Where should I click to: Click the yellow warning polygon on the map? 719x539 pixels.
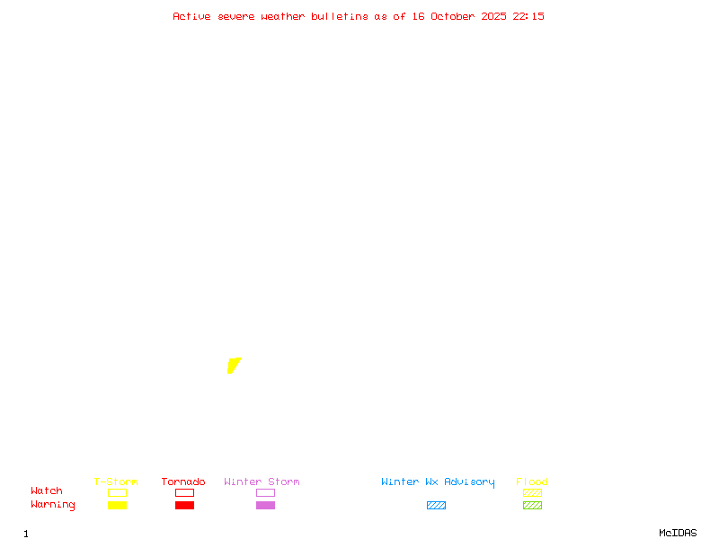tap(234, 365)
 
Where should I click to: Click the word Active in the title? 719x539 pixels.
tap(191, 16)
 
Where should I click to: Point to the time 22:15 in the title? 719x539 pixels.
tap(528, 16)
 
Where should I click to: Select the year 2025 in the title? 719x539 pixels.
tap(494, 16)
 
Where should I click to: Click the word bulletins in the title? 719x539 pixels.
tap(340, 16)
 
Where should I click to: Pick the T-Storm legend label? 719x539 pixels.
tap(116, 482)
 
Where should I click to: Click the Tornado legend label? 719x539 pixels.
tap(183, 482)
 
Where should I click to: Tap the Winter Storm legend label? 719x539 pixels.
tap(262, 482)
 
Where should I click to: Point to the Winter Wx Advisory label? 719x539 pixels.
tap(438, 482)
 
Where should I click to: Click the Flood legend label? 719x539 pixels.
tap(532, 482)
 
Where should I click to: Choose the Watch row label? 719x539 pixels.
tap(47, 491)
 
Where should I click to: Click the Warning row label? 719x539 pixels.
tap(53, 505)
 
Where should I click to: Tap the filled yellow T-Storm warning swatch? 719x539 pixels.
tap(117, 506)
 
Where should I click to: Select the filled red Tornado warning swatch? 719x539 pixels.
tap(184, 506)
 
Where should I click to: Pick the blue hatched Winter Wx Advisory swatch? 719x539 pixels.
tap(436, 506)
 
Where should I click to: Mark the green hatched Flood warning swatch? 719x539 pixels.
tap(532, 506)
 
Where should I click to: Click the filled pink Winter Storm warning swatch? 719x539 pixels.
tap(265, 506)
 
